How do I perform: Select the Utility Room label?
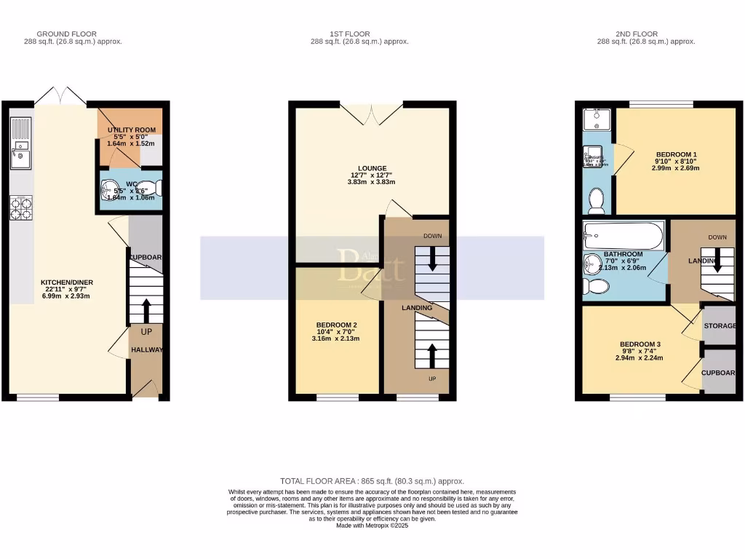(x=131, y=130)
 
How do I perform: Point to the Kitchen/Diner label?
(x=67, y=282)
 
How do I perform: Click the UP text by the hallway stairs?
(x=146, y=331)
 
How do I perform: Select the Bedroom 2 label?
(x=336, y=325)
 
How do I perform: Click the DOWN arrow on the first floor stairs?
(x=432, y=261)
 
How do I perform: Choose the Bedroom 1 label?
(x=677, y=154)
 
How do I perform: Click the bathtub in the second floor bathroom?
(x=623, y=236)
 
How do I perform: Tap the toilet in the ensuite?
(x=596, y=199)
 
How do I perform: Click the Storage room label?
(x=720, y=326)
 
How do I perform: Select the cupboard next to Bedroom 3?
(x=720, y=372)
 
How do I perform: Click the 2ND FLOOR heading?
(x=637, y=33)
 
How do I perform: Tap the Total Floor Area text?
(x=372, y=481)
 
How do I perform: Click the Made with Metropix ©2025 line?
(x=372, y=526)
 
